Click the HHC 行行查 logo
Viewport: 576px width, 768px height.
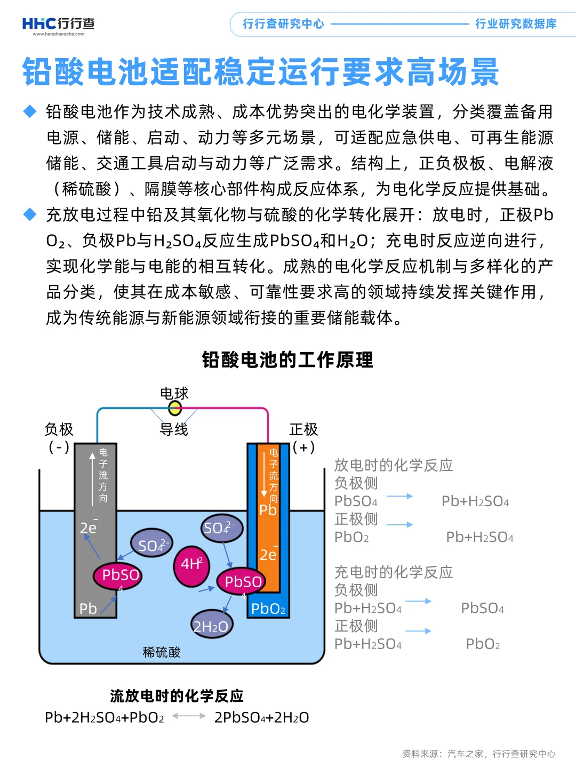(x=59, y=25)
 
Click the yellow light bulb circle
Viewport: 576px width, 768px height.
(x=175, y=409)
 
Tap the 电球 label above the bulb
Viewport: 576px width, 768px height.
(x=174, y=394)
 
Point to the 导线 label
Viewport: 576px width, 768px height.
(x=174, y=429)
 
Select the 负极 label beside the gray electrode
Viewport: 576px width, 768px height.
(x=59, y=429)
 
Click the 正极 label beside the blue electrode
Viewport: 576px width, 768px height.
(x=303, y=429)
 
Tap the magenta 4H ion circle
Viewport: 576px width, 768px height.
(x=191, y=565)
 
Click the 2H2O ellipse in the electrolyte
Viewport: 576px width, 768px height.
(x=211, y=626)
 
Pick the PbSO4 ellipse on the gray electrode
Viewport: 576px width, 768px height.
(x=118, y=575)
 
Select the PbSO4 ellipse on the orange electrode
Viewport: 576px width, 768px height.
(x=242, y=582)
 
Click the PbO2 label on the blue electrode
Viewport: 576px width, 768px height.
(x=268, y=609)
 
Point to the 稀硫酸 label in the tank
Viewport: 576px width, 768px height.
(x=162, y=652)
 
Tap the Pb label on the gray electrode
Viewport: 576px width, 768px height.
(x=88, y=609)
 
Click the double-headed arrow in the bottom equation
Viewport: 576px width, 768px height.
(x=189, y=716)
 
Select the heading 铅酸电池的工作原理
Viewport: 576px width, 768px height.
(x=287, y=360)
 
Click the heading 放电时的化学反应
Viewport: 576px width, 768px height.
(x=393, y=465)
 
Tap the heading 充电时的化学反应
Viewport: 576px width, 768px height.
(x=393, y=572)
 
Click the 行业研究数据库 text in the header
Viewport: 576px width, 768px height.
(x=516, y=24)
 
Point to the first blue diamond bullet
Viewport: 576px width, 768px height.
(x=30, y=111)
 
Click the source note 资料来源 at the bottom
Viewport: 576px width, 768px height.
(x=478, y=754)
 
